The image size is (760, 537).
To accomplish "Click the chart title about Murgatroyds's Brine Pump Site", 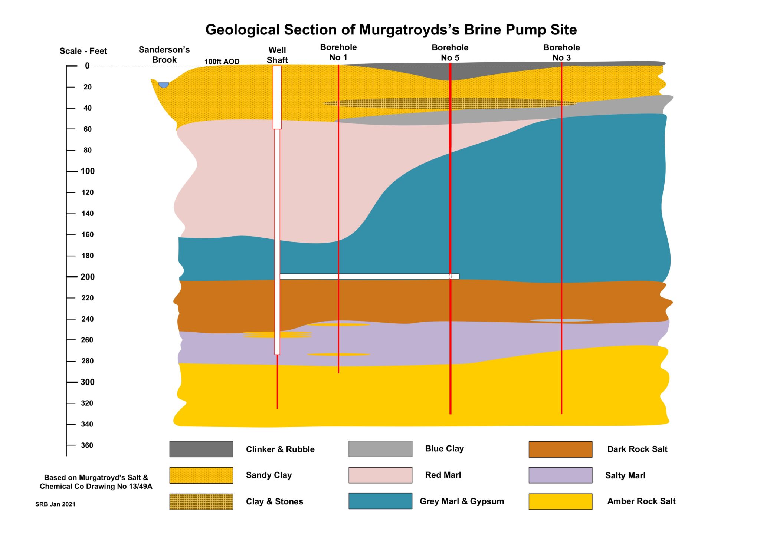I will tap(391, 30).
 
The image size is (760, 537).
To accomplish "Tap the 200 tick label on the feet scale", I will tap(88, 277).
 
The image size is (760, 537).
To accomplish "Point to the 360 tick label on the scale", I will tap(87, 445).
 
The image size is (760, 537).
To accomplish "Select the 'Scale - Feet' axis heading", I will tap(83, 51).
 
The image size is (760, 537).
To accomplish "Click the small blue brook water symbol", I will tap(164, 85).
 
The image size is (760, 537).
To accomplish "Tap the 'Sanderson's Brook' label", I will tap(164, 55).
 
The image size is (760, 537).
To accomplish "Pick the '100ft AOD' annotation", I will tap(222, 62).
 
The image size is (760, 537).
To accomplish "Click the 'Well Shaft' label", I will tap(277, 55).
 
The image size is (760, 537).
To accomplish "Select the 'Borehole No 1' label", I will tap(338, 52).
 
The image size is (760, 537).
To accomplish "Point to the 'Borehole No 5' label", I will tap(450, 52).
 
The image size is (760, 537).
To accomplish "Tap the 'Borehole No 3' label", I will tap(561, 52).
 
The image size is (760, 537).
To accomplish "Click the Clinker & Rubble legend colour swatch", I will tap(201, 449).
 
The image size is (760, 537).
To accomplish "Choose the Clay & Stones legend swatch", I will tap(201, 501).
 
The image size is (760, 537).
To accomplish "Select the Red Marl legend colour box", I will tap(380, 475).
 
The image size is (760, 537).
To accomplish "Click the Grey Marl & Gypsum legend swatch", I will tap(380, 501).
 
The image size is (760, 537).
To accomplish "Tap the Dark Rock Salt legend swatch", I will tap(560, 449).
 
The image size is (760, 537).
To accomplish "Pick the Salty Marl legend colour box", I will tap(560, 475).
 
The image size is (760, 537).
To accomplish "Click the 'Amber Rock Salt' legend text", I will tap(641, 501).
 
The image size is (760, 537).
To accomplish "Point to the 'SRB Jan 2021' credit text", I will tap(55, 504).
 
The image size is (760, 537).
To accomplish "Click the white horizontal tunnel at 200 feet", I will tap(369, 276).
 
